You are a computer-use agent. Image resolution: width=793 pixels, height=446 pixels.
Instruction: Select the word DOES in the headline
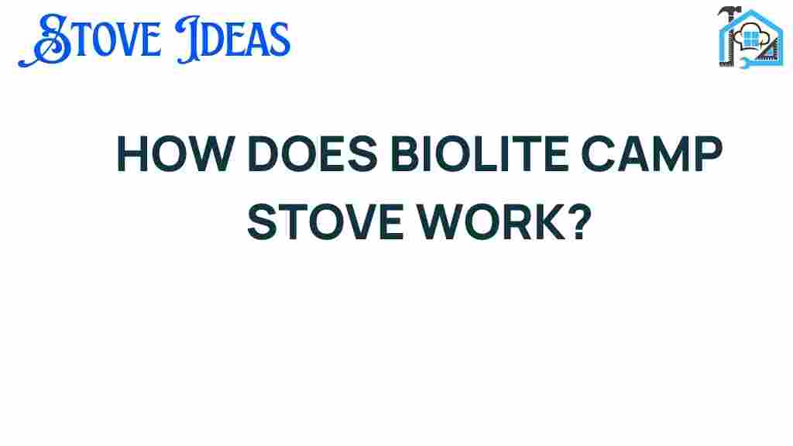(313, 154)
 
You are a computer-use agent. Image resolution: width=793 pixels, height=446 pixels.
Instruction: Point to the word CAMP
(652, 154)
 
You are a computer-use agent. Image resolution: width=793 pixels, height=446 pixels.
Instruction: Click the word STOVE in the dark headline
(324, 222)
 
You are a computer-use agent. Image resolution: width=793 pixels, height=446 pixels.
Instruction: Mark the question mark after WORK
(579, 221)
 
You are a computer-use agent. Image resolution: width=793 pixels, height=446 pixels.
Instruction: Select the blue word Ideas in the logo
(233, 40)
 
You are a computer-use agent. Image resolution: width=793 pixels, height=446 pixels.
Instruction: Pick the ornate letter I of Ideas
(188, 40)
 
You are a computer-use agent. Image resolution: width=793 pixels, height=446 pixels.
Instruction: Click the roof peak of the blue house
(751, 11)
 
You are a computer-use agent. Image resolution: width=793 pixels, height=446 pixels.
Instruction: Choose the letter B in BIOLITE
(406, 154)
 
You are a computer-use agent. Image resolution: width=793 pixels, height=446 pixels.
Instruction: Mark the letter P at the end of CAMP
(709, 154)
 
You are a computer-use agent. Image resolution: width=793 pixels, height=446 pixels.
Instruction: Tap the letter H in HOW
(132, 154)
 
